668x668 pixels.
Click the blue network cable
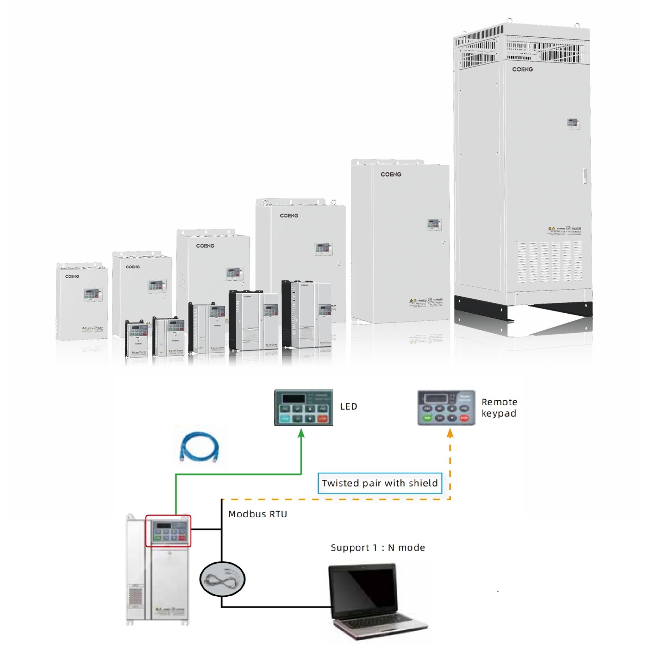point(200,446)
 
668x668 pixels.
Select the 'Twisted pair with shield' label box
point(379,483)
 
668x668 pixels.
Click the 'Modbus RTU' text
point(258,514)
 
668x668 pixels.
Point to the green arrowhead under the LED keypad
point(301,433)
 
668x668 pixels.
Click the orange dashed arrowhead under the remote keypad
point(450,433)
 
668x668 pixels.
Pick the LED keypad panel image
point(303,408)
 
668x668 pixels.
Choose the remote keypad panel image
point(446,408)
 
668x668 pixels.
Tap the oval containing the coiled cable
point(222,579)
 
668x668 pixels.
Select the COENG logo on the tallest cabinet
point(522,70)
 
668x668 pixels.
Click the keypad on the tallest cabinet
point(573,123)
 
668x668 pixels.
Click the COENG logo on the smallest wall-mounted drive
point(72,276)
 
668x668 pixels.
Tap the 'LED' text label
point(348,407)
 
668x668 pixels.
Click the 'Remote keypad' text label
point(499,408)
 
